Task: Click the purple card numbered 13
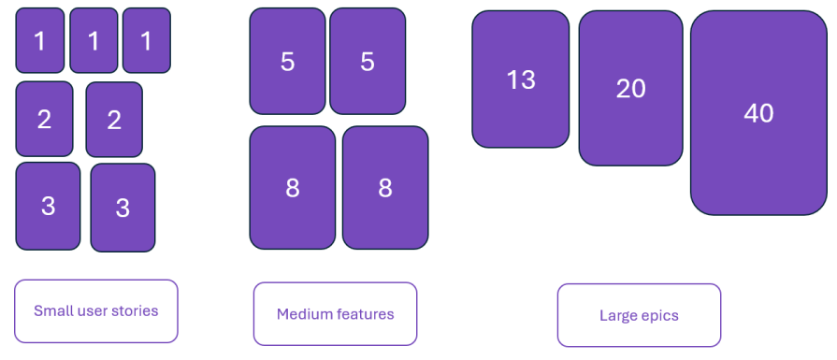(520, 79)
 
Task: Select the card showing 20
(630, 88)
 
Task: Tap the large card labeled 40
(758, 113)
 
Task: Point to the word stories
(134, 310)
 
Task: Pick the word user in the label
(93, 310)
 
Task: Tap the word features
(365, 314)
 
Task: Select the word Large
(618, 316)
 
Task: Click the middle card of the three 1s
(94, 40)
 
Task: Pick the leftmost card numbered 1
(40, 40)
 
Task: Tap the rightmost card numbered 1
(147, 40)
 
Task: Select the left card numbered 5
(287, 62)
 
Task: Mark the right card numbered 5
(368, 62)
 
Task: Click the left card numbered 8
(292, 188)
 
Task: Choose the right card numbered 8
(385, 188)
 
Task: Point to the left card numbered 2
(44, 119)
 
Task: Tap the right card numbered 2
(114, 120)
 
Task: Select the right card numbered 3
(123, 208)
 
